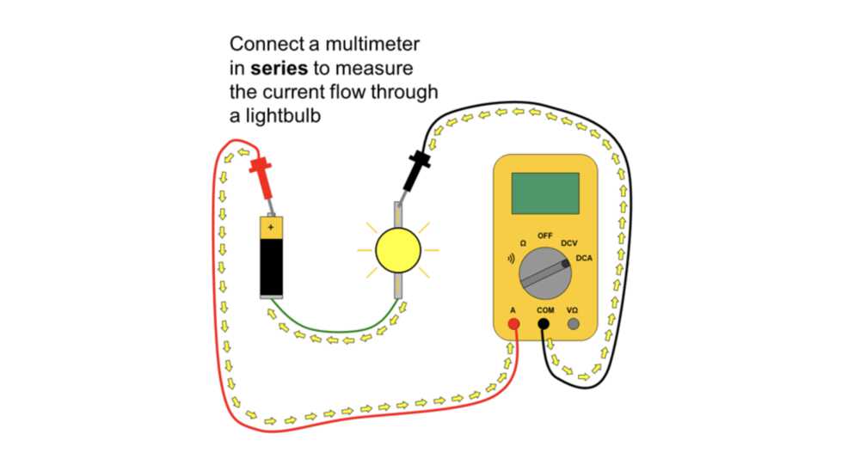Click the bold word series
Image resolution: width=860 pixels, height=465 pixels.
click(279, 69)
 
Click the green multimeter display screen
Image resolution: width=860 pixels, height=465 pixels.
click(545, 193)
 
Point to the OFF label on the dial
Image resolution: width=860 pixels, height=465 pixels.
click(544, 236)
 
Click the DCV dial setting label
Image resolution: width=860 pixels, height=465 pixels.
click(568, 243)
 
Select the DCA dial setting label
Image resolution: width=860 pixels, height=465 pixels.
click(584, 258)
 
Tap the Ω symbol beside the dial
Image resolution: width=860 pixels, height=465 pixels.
click(523, 243)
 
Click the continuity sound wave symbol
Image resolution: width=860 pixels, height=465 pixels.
click(511, 259)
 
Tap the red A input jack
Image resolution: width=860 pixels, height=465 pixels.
click(513, 324)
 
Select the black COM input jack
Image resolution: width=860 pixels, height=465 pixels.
click(543, 324)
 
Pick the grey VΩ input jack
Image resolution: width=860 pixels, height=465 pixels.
click(573, 324)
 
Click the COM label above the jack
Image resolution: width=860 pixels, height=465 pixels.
click(545, 310)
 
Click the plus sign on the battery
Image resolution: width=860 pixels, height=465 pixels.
click(270, 227)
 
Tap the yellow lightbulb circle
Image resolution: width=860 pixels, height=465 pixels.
click(398, 251)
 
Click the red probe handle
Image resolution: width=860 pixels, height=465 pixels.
click(262, 176)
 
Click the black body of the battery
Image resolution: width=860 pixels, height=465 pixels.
click(272, 266)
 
